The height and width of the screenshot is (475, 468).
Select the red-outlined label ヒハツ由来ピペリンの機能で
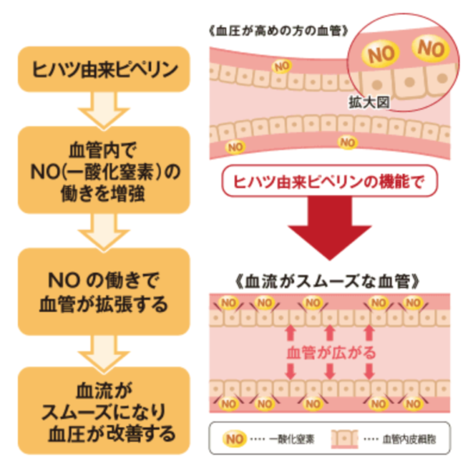[328, 180]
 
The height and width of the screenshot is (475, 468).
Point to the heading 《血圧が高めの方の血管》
[278, 32]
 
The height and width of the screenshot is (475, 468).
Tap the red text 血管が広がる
[328, 353]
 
